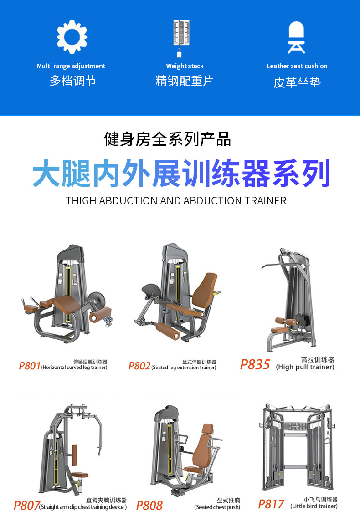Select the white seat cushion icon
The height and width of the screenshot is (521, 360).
pos(296,37)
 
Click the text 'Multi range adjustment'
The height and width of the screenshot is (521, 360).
pos(71,66)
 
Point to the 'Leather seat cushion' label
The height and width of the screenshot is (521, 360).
pos(297,66)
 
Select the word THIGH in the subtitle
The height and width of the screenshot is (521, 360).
pos(81,201)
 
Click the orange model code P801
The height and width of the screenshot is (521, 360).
pos(30,366)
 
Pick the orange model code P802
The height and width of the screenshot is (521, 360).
pos(139,366)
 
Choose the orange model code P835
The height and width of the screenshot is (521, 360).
pos(255,364)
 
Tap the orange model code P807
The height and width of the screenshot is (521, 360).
pos(26,505)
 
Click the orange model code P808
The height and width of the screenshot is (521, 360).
pos(149,506)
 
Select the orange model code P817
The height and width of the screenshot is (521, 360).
pos(271,504)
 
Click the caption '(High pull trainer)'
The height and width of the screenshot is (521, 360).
pos(305,367)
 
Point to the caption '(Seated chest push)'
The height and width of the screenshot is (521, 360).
pos(217,507)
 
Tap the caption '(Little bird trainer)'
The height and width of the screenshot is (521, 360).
pos(314,506)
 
